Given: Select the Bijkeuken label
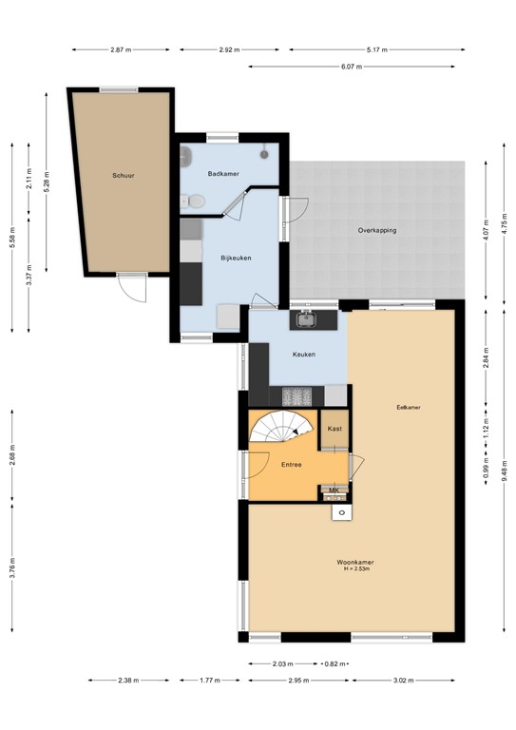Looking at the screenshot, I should [x=235, y=258].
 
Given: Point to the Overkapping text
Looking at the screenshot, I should [x=376, y=231].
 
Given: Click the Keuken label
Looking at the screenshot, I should [x=304, y=355].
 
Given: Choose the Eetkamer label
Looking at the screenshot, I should [x=409, y=408].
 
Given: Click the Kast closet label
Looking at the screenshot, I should [x=334, y=429].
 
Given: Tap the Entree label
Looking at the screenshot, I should [x=291, y=465].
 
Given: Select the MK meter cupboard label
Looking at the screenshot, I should [x=334, y=490].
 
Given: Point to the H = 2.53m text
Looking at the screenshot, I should [x=354, y=569].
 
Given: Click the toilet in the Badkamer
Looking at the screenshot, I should [x=195, y=201].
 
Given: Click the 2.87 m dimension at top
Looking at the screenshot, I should [x=121, y=48].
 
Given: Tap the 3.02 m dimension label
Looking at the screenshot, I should [x=406, y=681].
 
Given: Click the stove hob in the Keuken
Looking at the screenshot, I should [x=296, y=394].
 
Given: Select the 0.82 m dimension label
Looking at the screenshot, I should [x=334, y=664].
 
